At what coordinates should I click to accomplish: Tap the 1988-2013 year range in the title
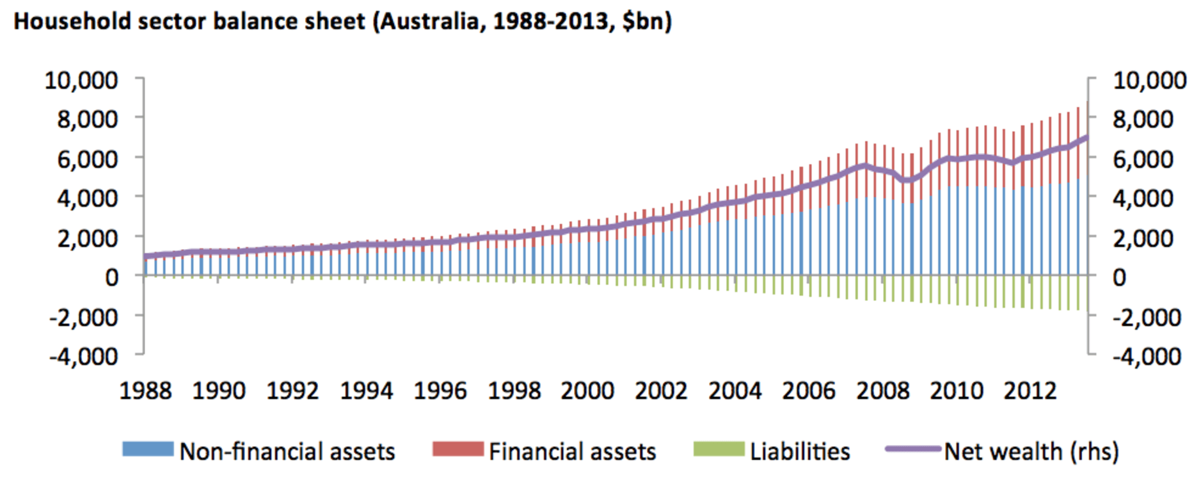coord(551,22)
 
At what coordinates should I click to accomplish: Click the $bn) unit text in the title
coord(647,22)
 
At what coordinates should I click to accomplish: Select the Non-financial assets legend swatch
coord(148,449)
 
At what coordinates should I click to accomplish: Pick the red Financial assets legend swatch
coord(457,449)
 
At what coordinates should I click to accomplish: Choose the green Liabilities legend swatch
coord(719,449)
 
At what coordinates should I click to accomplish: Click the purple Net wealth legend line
coord(913,449)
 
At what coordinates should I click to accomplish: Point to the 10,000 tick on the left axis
coord(81,81)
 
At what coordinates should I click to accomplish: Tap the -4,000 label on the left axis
coord(84,356)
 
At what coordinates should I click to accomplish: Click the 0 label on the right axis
coord(1119,277)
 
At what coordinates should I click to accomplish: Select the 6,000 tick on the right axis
coord(1143,159)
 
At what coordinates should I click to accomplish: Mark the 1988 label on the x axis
coord(145,391)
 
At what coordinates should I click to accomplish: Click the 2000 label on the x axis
coord(587,391)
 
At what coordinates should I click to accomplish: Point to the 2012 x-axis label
coord(1030,391)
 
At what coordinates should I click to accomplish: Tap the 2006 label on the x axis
coord(809,391)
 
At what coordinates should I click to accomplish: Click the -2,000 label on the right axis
coord(1147,317)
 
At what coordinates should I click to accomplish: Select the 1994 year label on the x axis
coord(366,391)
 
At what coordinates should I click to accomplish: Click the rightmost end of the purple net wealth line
coord(1086,137)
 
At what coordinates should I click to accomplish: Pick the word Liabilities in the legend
coord(800,452)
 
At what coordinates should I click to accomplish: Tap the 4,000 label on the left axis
coord(88,198)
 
